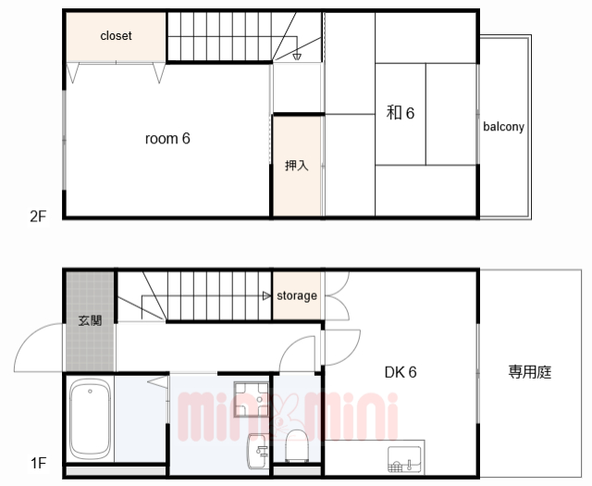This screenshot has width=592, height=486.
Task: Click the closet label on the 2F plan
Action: pyautogui.click(x=116, y=36)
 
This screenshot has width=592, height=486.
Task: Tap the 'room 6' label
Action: pyautogui.click(x=167, y=139)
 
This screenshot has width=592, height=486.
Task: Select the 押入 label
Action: pyautogui.click(x=297, y=166)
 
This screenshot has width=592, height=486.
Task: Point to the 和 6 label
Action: pyautogui.click(x=401, y=113)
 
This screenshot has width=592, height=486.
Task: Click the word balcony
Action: pyautogui.click(x=503, y=127)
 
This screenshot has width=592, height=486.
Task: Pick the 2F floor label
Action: pyautogui.click(x=38, y=217)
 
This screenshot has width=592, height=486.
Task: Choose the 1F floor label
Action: pyautogui.click(x=38, y=463)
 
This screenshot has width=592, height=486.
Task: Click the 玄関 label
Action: pyautogui.click(x=91, y=321)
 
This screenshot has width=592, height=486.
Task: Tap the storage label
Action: pyautogui.click(x=297, y=295)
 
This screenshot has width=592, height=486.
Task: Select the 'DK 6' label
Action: pyautogui.click(x=401, y=373)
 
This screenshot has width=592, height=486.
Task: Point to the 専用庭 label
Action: pyautogui.click(x=530, y=372)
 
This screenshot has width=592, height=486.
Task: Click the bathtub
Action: pyautogui.click(x=91, y=419)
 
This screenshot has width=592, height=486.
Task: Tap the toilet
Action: pyautogui.click(x=297, y=446)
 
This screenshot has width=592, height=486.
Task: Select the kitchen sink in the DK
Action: pyautogui.click(x=404, y=459)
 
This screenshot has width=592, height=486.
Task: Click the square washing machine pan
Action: pyautogui.click(x=252, y=399)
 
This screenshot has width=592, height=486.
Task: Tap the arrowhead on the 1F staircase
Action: pyautogui.click(x=267, y=296)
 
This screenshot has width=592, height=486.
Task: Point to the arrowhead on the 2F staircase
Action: pyautogui.click(x=297, y=57)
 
